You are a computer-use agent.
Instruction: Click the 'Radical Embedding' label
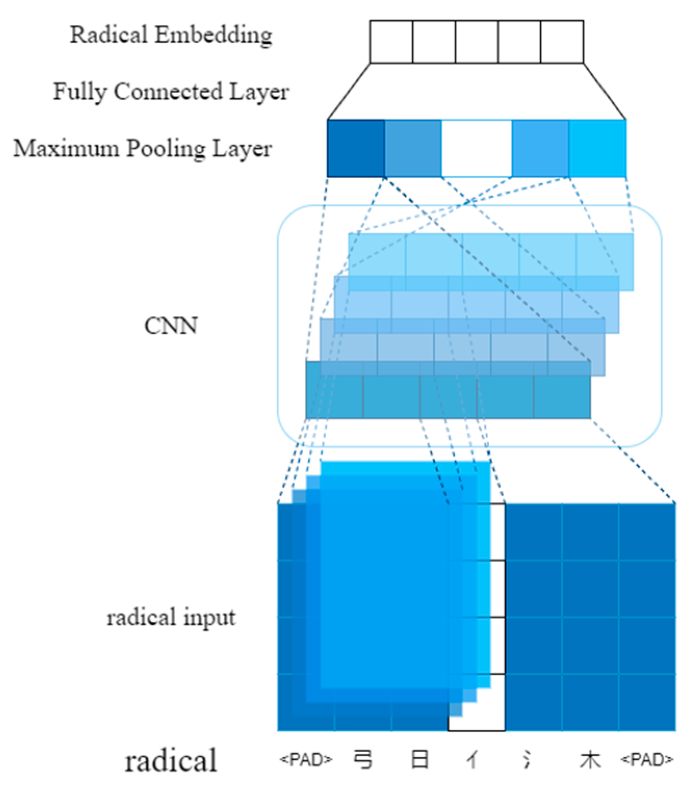[x=171, y=35]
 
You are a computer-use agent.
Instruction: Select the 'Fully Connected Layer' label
[x=171, y=92]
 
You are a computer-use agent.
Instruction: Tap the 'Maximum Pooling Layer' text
[x=142, y=149]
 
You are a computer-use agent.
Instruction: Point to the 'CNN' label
[x=171, y=326]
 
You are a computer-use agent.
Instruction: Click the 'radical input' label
[x=171, y=618]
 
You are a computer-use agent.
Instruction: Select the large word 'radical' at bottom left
[x=171, y=760]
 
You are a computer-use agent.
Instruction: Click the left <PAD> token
[x=306, y=760]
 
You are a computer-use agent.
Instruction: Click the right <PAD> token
[x=647, y=760]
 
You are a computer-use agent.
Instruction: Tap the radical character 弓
[x=363, y=760]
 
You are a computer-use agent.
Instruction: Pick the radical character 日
[x=420, y=760]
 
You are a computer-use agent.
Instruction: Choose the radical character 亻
[x=472, y=760]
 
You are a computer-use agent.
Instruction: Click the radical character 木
[x=590, y=760]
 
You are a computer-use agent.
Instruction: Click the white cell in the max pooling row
[x=476, y=149]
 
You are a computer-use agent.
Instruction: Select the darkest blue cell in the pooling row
[x=356, y=149]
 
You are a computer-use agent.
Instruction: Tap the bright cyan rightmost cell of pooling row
[x=597, y=149]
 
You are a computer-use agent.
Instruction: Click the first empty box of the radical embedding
[x=391, y=42]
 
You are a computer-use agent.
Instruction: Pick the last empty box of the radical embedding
[x=562, y=42]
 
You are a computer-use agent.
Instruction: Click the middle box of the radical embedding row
[x=477, y=42]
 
